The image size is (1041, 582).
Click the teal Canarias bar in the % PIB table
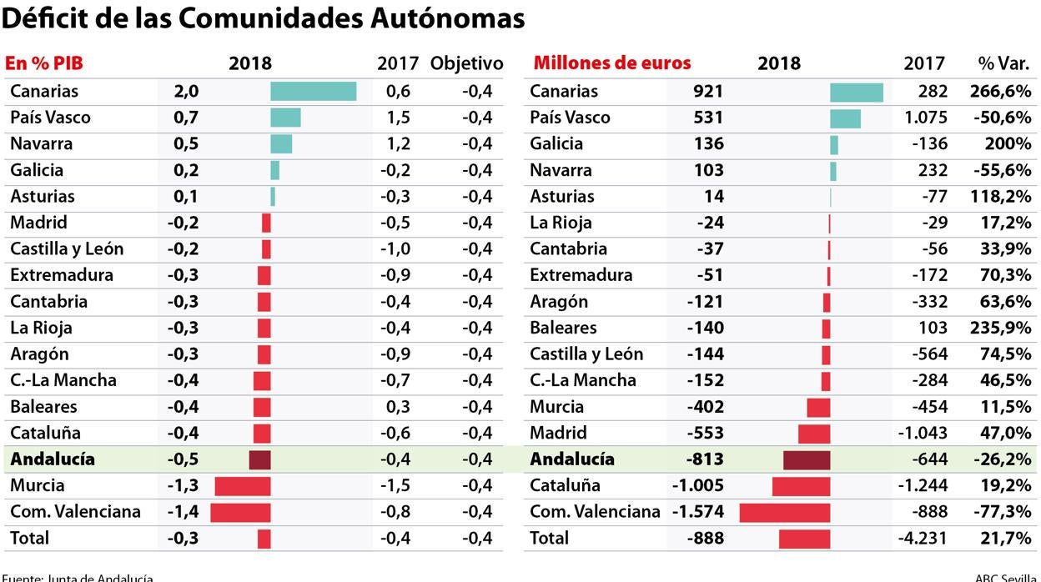pos(313,91)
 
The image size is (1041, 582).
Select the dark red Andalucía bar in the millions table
pos(807,459)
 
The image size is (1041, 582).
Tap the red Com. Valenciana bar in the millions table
pos(784,512)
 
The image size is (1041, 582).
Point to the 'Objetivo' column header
pos(467,63)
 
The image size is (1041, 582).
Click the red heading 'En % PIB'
pos(44,63)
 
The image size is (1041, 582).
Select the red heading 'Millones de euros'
pos(612,63)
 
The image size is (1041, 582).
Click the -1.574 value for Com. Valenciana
pos(697,512)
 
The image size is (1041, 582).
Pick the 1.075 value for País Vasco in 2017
pos(926,118)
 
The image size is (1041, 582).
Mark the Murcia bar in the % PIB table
pos(243,486)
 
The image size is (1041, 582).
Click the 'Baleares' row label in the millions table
pos(563,328)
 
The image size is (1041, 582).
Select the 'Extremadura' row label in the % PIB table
pos(61,275)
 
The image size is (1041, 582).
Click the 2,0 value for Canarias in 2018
pos(186,91)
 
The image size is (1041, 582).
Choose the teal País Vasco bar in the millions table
pos(845,118)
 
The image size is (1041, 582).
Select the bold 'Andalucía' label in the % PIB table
pos(53,459)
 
